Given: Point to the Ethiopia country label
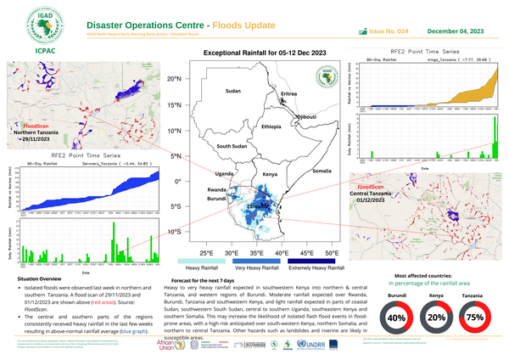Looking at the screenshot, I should [271, 126].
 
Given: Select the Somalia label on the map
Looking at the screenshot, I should [322, 171].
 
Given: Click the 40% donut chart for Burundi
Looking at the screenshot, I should [396, 318].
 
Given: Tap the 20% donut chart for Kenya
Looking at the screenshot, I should [437, 318].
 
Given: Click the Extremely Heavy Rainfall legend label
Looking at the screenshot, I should [306, 268].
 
